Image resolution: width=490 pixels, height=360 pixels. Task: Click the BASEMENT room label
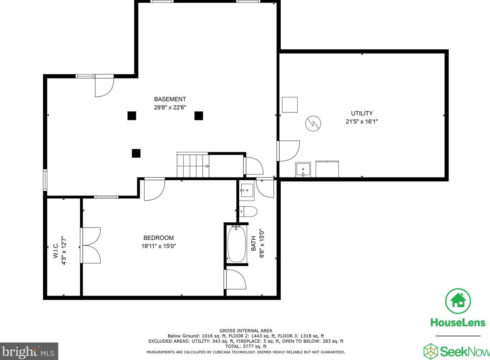click(x=170, y=99)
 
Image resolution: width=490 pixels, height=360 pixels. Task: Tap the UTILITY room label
click(x=362, y=113)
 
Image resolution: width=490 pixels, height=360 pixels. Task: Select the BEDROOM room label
click(x=158, y=238)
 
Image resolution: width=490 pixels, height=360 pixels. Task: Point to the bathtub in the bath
click(x=237, y=244)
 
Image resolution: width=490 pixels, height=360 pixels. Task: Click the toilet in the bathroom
click(x=248, y=211)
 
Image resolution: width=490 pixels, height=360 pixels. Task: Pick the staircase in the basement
click(x=193, y=165)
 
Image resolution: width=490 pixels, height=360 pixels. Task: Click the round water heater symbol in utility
click(x=313, y=123)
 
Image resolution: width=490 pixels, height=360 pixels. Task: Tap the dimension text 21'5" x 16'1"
click(x=362, y=122)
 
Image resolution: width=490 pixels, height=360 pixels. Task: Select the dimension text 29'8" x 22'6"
click(x=170, y=108)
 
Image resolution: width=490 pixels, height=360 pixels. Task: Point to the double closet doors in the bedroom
click(x=91, y=246)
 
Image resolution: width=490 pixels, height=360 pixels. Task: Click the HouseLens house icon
click(x=458, y=301)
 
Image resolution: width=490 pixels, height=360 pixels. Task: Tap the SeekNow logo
click(x=457, y=351)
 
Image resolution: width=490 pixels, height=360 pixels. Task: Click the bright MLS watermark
click(x=29, y=352)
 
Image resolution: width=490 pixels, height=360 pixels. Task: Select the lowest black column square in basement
click(x=136, y=153)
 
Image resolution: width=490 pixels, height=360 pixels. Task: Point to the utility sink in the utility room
click(x=303, y=170)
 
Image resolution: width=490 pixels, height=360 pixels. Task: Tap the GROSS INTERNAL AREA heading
click(x=246, y=331)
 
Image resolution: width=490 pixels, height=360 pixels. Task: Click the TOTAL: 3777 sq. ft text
click(x=246, y=347)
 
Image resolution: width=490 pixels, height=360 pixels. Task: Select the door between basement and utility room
click(x=288, y=151)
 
